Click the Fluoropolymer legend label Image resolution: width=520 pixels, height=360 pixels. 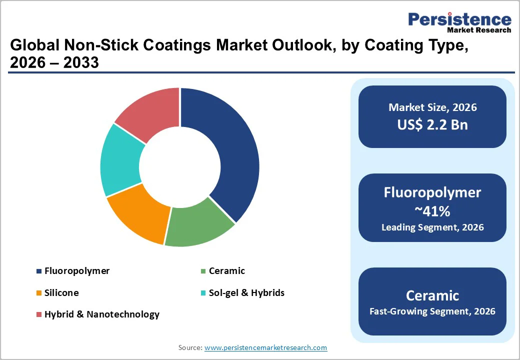click(x=76, y=271)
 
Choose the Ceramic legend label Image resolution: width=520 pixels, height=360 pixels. click(x=226, y=271)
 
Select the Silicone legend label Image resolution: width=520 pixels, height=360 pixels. click(x=61, y=292)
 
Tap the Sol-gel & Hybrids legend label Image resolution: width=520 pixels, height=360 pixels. click(x=246, y=292)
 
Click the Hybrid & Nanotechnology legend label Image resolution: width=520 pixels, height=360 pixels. click(x=101, y=314)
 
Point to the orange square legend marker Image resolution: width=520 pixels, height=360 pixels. click(x=39, y=293)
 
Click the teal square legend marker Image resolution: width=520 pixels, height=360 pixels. click(x=203, y=293)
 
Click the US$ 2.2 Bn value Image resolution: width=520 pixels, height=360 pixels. click(x=432, y=124)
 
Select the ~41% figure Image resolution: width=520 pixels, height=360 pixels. click(x=432, y=211)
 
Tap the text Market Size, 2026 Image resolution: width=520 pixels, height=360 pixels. click(x=432, y=107)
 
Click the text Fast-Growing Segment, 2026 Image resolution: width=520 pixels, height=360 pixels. click(x=432, y=311)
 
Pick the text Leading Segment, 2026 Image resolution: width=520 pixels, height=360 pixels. click(x=432, y=227)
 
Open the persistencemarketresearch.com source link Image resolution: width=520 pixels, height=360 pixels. click(x=265, y=347)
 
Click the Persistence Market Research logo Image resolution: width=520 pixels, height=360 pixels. click(x=459, y=22)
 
